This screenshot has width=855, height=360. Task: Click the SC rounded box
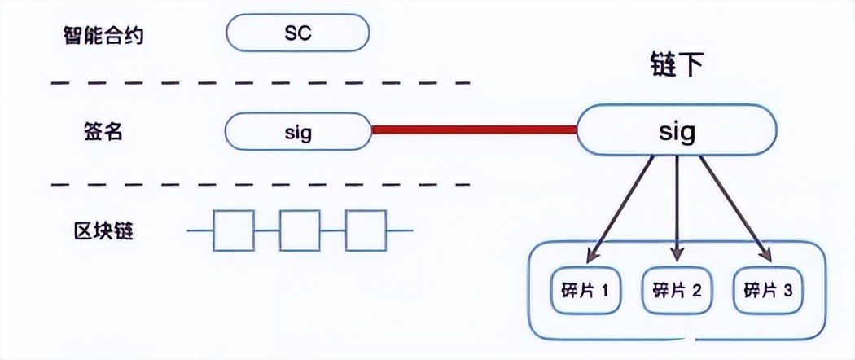(x=298, y=34)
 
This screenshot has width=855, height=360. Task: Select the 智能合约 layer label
(x=103, y=35)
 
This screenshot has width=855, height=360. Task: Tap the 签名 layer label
(x=103, y=131)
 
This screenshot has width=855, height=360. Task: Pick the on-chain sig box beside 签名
(x=298, y=131)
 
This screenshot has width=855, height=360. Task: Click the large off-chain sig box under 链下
(x=676, y=131)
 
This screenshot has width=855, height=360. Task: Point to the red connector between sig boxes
(x=474, y=129)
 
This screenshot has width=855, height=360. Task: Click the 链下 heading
(x=676, y=65)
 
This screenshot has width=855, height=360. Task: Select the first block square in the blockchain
(x=234, y=231)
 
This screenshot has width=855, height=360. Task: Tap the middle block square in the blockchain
(x=300, y=231)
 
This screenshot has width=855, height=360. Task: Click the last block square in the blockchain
(x=366, y=231)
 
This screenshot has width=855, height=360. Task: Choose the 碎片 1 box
(x=585, y=289)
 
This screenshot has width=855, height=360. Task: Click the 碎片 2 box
(x=677, y=289)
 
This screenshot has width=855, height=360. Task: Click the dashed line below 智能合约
(x=261, y=83)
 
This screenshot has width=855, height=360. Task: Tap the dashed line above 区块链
(x=261, y=184)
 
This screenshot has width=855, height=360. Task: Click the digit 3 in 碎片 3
(x=787, y=290)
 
